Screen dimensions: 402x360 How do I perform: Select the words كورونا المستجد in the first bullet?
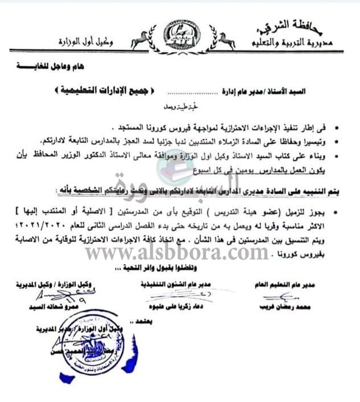tap(134, 126)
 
